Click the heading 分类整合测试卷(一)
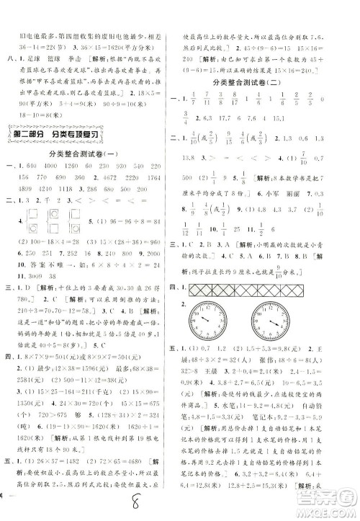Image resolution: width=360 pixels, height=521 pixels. (91, 154)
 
